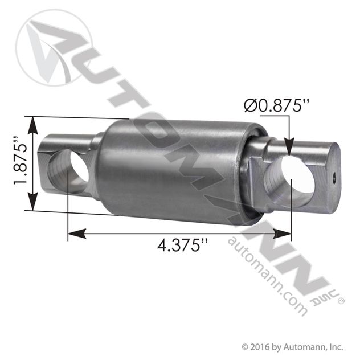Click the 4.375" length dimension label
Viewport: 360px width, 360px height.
coord(182,246)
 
